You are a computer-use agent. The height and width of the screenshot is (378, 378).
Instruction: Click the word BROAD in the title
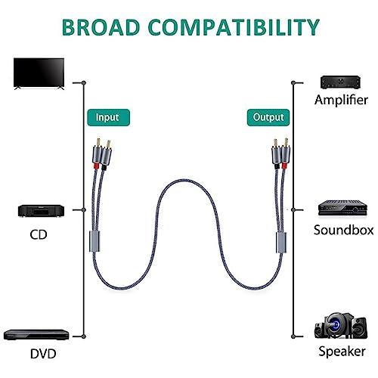[101, 27]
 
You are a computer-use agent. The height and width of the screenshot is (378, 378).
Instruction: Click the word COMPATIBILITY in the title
[234, 27]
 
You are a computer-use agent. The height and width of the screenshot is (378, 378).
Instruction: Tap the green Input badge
[108, 117]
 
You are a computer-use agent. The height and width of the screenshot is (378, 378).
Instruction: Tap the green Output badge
[268, 117]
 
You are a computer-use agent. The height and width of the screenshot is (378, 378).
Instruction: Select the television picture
[39, 73]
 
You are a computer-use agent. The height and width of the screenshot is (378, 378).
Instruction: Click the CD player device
[41, 211]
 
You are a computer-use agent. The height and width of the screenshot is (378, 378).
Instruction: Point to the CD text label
[39, 234]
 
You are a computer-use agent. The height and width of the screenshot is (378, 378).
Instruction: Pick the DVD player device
[36, 334]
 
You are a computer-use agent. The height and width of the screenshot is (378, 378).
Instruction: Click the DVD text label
[43, 354]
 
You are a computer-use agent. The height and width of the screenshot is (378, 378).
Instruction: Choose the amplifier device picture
[340, 82]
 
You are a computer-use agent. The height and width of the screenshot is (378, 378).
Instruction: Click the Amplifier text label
[341, 100]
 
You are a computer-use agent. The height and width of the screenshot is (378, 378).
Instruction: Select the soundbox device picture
[342, 208]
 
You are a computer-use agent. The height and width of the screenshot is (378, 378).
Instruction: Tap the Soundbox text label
[343, 230]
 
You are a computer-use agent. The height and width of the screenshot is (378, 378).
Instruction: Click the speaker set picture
[341, 326]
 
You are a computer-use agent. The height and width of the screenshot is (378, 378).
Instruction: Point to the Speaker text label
[342, 352]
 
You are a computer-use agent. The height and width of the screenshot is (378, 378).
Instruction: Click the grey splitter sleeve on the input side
[94, 241]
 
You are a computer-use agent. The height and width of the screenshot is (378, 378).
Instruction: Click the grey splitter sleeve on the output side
[281, 243]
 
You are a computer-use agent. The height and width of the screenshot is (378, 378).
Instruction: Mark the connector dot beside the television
[84, 82]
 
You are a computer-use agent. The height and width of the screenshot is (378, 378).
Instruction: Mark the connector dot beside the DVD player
[84, 336]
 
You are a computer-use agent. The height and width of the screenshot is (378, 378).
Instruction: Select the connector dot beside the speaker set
[293, 336]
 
